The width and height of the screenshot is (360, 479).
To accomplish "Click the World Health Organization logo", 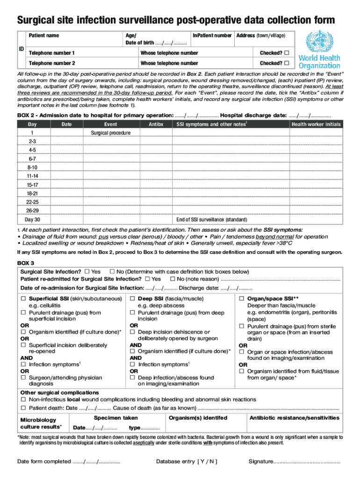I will [x=322, y=50].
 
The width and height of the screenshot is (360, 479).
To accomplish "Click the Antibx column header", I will [x=156, y=124].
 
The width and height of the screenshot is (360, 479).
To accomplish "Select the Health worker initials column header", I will [x=316, y=124].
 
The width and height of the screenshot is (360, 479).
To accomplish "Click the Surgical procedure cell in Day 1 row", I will [x=110, y=133].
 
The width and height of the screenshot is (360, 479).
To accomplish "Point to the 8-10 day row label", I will [x=32, y=167].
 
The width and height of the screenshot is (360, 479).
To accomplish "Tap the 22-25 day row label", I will [x=32, y=202].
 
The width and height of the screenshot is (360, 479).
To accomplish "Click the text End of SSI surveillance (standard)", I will [x=211, y=219].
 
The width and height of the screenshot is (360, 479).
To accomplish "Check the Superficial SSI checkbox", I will [x=23, y=298].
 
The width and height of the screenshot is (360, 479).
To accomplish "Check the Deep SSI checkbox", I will [x=132, y=298].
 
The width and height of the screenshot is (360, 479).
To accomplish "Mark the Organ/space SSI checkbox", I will [x=242, y=298].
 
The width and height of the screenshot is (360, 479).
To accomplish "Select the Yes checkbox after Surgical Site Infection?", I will [x=86, y=272].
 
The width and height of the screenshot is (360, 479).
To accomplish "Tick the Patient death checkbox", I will [x=23, y=408].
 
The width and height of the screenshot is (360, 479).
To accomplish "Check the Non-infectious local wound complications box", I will [x=23, y=399].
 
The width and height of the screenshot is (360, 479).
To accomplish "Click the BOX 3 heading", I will [x=26, y=262].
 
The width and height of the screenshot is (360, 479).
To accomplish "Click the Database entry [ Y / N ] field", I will [x=187, y=462].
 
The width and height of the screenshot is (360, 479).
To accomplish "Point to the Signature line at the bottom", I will [x=307, y=462].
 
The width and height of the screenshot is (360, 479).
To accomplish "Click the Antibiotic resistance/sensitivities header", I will [x=294, y=418].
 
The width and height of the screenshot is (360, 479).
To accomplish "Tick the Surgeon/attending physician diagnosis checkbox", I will [x=23, y=377].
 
